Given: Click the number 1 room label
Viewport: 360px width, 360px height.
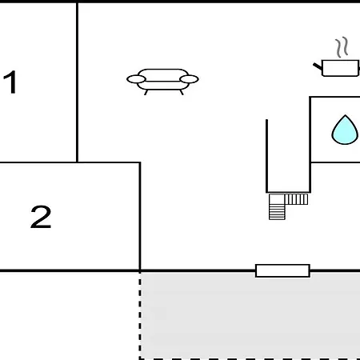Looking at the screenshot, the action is pyautogui.click(x=10, y=82).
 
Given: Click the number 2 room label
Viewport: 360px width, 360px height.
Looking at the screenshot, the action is pyautogui.click(x=41, y=217).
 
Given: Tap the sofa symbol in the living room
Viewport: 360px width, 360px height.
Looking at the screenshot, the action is pyautogui.click(x=162, y=82).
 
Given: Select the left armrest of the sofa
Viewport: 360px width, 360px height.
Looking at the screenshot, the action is pyautogui.click(x=136, y=79).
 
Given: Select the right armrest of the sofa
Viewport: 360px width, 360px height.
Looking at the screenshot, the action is pyautogui.click(x=189, y=79).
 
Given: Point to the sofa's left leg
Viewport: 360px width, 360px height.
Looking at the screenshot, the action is pyautogui.click(x=146, y=92).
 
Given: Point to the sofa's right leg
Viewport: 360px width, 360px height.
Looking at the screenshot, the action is pyautogui.click(x=182, y=92).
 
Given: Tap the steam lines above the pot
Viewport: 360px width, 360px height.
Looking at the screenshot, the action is pyautogui.click(x=342, y=47).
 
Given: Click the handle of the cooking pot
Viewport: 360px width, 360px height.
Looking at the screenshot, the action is pyautogui.click(x=318, y=66).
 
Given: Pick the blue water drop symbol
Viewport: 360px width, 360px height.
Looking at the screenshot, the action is pyautogui.click(x=345, y=130).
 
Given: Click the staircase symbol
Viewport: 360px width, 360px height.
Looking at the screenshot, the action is pyautogui.click(x=289, y=206).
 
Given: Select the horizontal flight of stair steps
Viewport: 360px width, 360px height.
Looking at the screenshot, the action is pyautogui.click(x=297, y=199).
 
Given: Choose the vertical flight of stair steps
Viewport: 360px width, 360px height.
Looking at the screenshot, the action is pyautogui.click(x=277, y=212).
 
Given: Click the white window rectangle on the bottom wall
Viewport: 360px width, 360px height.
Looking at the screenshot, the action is pyautogui.click(x=282, y=270).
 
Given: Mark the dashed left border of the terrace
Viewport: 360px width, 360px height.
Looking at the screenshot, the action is pyautogui.click(x=140, y=315).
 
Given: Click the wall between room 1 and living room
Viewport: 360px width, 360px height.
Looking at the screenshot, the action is pyautogui.click(x=77, y=82).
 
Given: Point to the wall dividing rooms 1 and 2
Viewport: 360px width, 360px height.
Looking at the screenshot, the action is pyautogui.click(x=38, y=162).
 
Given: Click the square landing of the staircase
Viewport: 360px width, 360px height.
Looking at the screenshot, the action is pyautogui.click(x=277, y=199).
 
